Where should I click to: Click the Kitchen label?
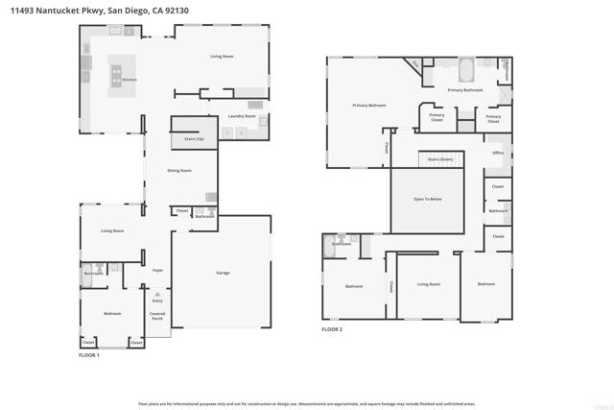130,80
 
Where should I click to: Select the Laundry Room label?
242,116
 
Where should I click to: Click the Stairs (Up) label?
194,138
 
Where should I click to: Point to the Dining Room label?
179,170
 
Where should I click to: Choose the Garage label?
223,273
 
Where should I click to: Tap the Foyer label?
157,270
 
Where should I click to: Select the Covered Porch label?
157,316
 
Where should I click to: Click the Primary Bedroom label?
368,105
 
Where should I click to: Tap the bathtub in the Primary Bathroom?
465,70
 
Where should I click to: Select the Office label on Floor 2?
498,153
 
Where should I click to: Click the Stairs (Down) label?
440,159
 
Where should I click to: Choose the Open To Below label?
427,200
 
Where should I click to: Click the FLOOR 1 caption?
89,355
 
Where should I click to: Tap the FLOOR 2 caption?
332,329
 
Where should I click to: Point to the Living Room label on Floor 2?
428,284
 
